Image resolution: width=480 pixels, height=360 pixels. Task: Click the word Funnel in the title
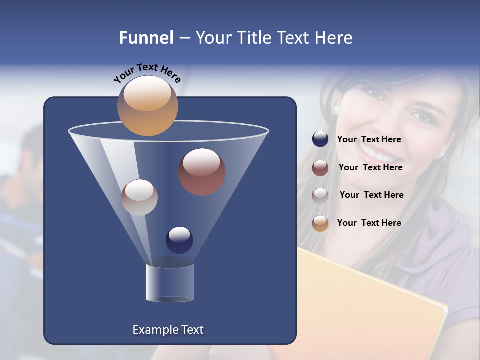pos(146,38)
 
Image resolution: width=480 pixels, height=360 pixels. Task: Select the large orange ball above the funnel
pos(148,105)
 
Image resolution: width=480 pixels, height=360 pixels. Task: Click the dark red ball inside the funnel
pos(202,172)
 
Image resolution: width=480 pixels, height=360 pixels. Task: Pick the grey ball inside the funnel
pos(139,197)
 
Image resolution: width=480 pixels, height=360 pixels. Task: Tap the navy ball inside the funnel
pos(179,240)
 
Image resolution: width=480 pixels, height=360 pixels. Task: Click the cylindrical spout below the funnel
pos(170,283)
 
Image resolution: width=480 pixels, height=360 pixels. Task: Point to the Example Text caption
pos(168,330)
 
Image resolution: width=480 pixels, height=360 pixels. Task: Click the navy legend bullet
pos(320,139)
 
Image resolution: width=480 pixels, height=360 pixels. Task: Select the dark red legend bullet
pos(320,168)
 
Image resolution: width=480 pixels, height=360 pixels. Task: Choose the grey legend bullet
pos(320,195)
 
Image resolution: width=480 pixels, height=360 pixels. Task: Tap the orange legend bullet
pos(320,223)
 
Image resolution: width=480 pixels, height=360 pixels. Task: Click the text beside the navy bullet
pos(369,139)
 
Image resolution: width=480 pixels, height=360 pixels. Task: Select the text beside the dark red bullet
pos(370,167)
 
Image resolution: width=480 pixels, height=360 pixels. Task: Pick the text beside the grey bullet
pos(371,195)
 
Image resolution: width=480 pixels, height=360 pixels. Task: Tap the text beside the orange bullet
pos(369,223)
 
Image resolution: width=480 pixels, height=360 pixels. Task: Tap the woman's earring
pos(336,109)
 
